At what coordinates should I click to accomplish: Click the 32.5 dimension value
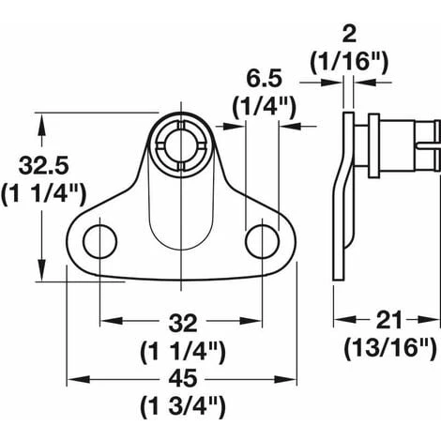pyautogui.click(x=43, y=166)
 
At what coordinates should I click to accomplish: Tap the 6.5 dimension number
pyautogui.click(x=265, y=79)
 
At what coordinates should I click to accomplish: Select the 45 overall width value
pyautogui.click(x=183, y=379)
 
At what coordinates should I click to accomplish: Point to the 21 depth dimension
pyautogui.click(x=388, y=320)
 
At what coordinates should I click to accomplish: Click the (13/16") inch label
pyautogui.click(x=390, y=348)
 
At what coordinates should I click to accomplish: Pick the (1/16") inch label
pyautogui.click(x=349, y=61)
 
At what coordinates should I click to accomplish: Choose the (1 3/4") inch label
pyautogui.click(x=183, y=407)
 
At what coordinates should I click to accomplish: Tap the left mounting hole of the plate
pyautogui.click(x=100, y=241)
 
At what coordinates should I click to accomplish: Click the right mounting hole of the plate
pyautogui.click(x=263, y=241)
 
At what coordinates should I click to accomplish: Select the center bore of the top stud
pyautogui.click(x=181, y=146)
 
